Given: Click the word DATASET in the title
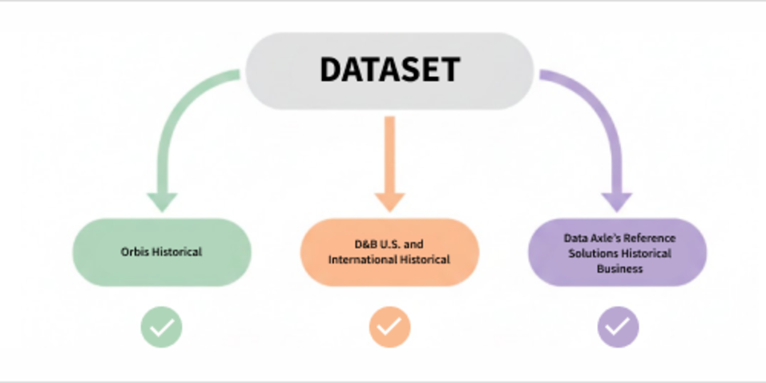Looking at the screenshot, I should click(x=389, y=70).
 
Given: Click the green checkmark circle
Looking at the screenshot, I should click(x=162, y=327).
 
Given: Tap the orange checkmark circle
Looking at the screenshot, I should click(x=389, y=327).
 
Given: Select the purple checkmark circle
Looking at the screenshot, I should click(x=618, y=327).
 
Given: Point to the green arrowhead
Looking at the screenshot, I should click(x=162, y=200).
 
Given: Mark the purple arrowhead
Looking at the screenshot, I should click(x=617, y=200).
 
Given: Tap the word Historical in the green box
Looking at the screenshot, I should click(x=175, y=252).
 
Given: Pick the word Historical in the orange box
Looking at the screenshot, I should click(x=425, y=260).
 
